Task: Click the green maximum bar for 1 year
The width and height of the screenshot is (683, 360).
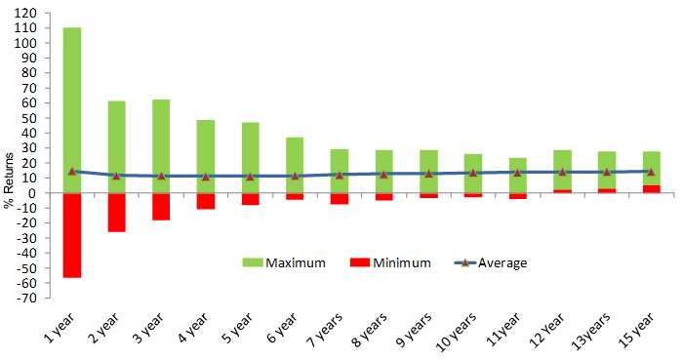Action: pos(72,98)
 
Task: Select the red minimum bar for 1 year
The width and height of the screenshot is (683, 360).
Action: pos(72,235)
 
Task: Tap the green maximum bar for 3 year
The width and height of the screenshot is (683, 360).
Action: pos(161,137)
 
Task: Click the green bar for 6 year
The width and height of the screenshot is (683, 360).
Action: pos(295,156)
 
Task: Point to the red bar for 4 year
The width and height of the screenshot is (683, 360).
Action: pos(206,201)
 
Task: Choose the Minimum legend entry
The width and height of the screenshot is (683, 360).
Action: pos(382,262)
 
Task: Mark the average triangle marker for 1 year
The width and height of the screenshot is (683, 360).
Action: pos(72,171)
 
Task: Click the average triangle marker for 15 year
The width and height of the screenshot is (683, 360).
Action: pos(651,171)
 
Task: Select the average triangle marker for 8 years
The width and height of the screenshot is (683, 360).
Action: pos(383,174)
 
